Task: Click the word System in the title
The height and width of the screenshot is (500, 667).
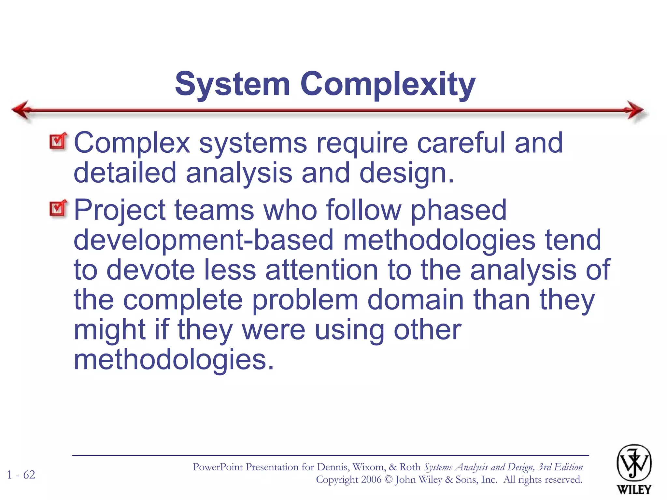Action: [x=232, y=85]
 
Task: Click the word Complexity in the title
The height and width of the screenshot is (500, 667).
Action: [x=388, y=85]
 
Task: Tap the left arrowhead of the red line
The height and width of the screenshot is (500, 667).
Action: [x=21, y=110]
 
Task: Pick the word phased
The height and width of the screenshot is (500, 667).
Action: [x=458, y=210]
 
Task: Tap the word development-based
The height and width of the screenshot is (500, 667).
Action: [x=204, y=240]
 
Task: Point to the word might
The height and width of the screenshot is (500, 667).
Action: [x=109, y=330]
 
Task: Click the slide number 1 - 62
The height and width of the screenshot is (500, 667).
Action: [x=21, y=475]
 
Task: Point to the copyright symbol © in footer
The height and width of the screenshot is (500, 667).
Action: [x=388, y=480]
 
